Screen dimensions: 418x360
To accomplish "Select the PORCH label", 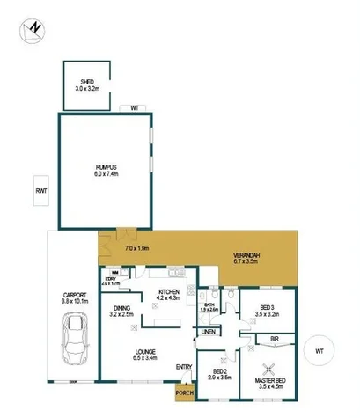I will click(x=184, y=392).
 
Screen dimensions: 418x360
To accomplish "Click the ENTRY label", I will click(x=184, y=367).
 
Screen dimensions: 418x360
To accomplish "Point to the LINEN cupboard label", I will click(x=208, y=332).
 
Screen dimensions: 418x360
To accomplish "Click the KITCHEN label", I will click(x=169, y=292).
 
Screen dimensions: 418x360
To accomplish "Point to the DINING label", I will click(x=121, y=308).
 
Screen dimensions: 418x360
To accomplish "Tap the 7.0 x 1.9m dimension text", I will click(x=138, y=248).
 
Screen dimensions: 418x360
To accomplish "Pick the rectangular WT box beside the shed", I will click(x=134, y=108).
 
